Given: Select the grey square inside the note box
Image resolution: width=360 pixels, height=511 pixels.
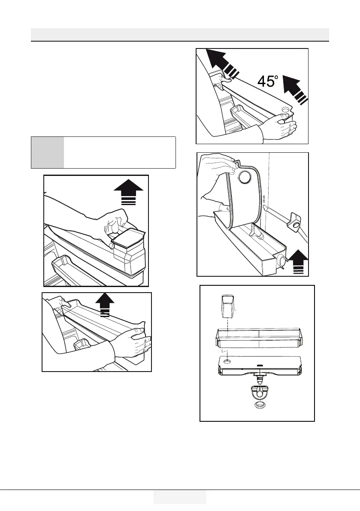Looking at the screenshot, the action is point(48,153).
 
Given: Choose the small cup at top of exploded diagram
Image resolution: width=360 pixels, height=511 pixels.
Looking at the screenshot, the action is point(228,307).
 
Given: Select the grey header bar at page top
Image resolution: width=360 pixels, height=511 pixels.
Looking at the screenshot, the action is point(180,34).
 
